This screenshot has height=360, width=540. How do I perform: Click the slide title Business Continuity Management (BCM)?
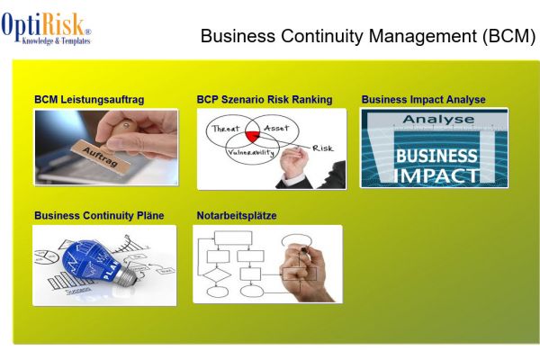[x=367, y=37]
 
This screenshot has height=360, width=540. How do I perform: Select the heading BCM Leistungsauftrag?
[x=89, y=100]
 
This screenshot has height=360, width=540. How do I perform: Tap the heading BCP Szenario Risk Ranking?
[x=265, y=100]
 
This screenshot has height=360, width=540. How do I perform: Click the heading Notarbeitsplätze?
[x=237, y=216]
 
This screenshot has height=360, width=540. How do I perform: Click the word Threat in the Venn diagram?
[x=226, y=129]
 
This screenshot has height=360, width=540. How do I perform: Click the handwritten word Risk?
[x=322, y=148]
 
